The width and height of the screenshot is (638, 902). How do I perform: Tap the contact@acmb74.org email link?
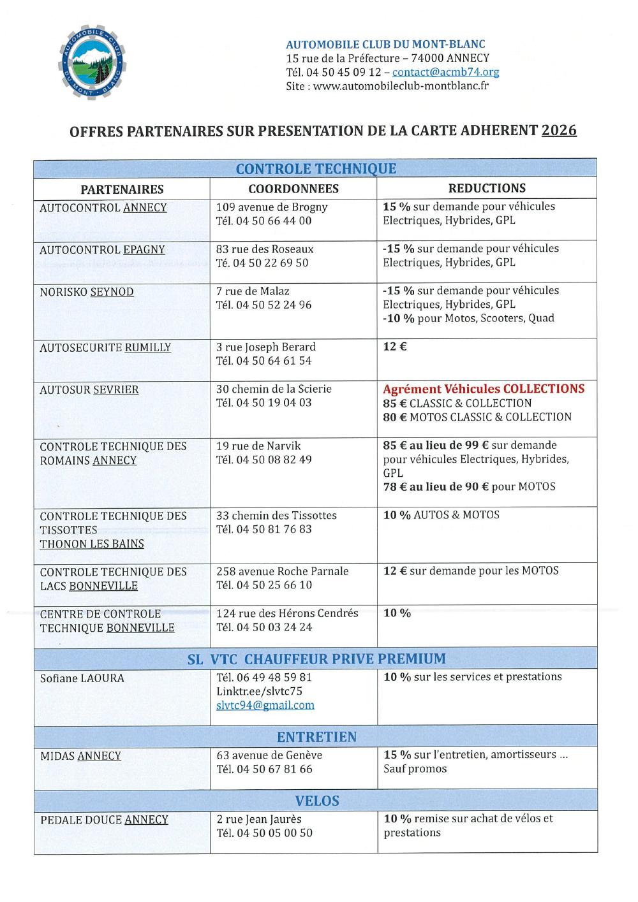[445, 72]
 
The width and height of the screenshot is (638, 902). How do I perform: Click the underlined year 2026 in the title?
[559, 131]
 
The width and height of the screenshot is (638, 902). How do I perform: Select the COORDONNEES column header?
[293, 189]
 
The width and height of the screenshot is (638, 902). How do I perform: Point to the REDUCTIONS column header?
[487, 188]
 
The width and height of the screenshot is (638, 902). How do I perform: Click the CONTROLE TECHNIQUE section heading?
[316, 169]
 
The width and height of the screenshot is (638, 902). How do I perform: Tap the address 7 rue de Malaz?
[253, 291]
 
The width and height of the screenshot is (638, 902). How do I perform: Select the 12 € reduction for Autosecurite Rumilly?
[395, 347]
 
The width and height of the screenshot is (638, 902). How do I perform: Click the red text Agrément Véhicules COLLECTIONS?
[484, 389]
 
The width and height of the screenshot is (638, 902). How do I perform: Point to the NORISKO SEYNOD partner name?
[87, 292]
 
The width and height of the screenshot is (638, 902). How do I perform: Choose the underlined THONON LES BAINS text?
[92, 544]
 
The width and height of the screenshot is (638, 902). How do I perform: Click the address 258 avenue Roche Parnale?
[282, 571]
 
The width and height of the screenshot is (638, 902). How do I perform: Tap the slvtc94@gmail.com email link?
[265, 705]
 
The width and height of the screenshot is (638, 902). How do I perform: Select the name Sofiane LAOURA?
[82, 678]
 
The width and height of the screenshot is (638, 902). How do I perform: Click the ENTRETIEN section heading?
[316, 737]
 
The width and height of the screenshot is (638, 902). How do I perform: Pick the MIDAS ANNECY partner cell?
[80, 756]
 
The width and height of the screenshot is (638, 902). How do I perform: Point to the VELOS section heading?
[316, 801]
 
